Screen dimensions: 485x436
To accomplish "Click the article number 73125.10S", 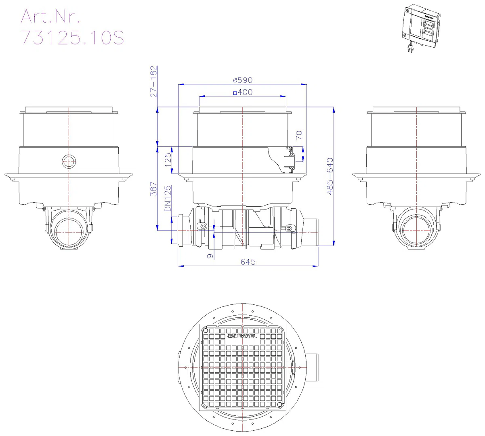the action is tap(73, 38).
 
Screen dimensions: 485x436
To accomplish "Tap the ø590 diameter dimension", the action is tap(242, 80).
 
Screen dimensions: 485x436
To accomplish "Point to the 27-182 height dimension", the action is tap(153, 82).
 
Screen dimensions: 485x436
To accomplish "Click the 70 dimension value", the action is tap(299, 135).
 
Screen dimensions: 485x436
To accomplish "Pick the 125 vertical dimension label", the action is tap(168, 160).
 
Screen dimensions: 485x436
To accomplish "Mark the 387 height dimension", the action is tap(153, 189).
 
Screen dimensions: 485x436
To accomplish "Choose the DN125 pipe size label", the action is tap(168, 198).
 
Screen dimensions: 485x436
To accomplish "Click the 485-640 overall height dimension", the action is tap(330, 176).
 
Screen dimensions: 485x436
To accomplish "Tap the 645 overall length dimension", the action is tap(248, 262).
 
